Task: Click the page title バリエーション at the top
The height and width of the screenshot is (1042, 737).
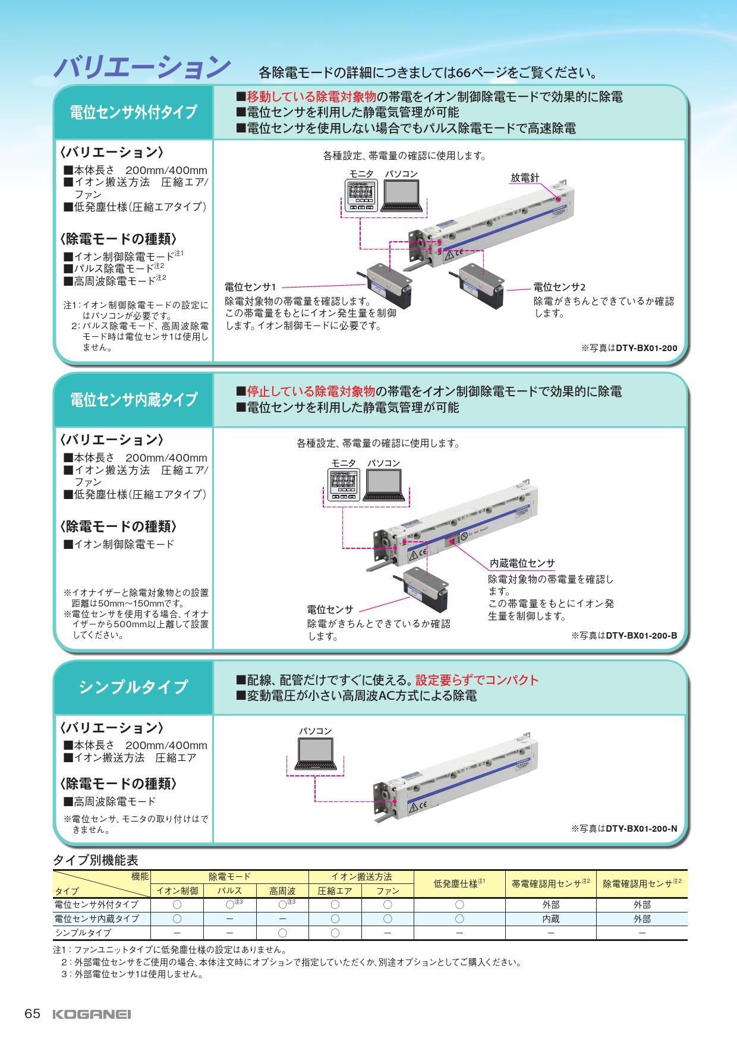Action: tap(142, 68)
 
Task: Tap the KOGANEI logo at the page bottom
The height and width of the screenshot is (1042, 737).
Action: tap(92, 1014)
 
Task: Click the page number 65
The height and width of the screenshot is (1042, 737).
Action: tap(32, 1014)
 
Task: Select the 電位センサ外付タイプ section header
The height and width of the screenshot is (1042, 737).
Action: tap(133, 112)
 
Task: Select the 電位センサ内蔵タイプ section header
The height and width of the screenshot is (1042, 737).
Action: tap(133, 400)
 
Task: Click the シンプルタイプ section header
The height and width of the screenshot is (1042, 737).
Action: tap(133, 687)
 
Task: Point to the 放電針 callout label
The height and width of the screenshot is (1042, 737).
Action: tap(525, 178)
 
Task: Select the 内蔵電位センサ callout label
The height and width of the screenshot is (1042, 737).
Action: tap(522, 563)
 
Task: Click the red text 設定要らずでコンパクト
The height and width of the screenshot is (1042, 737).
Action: tap(477, 680)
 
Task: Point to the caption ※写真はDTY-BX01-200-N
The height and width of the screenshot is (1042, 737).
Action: tap(624, 828)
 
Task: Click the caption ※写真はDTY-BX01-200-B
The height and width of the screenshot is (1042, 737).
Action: tap(624, 635)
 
